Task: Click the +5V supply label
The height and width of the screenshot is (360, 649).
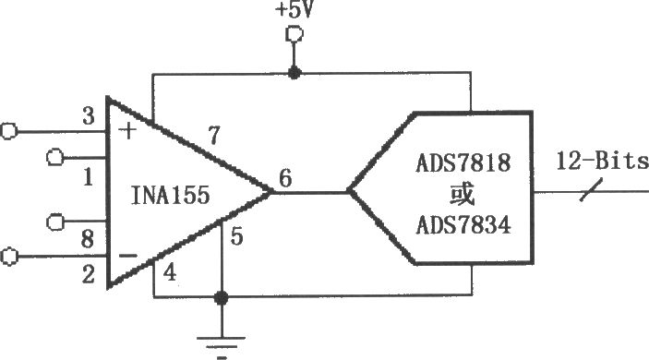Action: (294, 9)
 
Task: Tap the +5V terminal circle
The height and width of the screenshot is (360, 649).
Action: (294, 34)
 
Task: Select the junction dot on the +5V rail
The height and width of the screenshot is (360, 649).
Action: (294, 73)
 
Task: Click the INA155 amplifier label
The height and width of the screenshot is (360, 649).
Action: (171, 195)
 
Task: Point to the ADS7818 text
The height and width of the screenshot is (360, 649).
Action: (463, 163)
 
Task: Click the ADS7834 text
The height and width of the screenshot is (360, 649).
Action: (463, 225)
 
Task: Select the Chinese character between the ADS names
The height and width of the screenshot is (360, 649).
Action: (462, 194)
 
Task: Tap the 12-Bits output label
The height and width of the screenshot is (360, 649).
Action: (602, 161)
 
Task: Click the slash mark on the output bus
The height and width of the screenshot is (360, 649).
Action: (591, 190)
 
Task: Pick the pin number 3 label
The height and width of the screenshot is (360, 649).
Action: (88, 116)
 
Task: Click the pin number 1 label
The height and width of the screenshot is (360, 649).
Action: (88, 177)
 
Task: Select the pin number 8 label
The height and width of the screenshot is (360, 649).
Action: (88, 239)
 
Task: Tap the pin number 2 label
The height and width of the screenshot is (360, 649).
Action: (88, 274)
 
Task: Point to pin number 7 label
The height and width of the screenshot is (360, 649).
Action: (214, 136)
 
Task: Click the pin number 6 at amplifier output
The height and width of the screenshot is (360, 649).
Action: (285, 178)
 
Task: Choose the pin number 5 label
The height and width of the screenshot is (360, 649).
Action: (236, 236)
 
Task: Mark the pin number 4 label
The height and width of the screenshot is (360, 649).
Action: (170, 272)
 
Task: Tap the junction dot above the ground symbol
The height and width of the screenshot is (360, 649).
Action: (221, 297)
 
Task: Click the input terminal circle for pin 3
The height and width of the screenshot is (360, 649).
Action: (8, 131)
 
